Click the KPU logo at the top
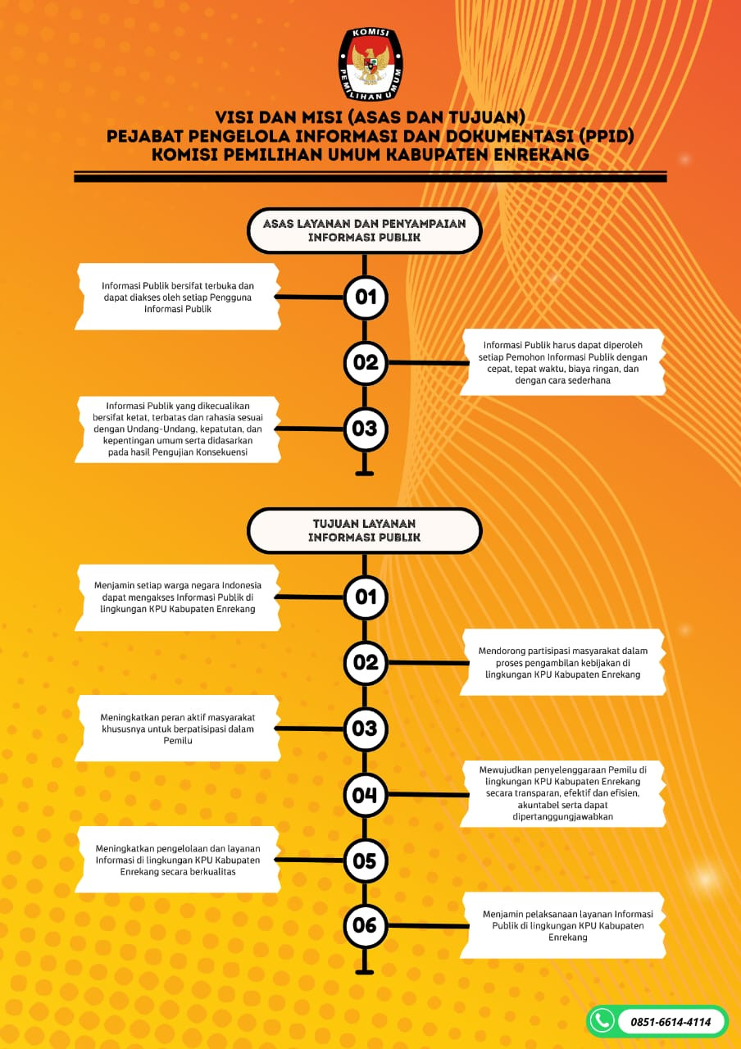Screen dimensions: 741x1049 [370, 64]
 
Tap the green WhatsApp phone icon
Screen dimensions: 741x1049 [602, 1021]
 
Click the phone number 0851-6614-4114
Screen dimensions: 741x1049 [671, 1022]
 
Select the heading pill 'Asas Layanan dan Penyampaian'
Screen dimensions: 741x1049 [365, 230]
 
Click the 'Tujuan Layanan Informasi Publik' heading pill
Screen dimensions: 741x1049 [365, 530]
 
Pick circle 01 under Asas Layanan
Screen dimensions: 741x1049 [366, 297]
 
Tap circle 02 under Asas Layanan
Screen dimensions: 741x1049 [366, 362]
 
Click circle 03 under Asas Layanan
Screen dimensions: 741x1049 [366, 429]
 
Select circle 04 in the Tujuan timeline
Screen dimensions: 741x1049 [366, 795]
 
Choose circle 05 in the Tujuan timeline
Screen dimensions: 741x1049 [366, 861]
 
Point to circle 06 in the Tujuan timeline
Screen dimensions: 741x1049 [366, 925]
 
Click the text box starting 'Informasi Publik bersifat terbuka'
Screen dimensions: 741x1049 [178, 297]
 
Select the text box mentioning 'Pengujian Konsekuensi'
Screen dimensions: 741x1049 [178, 429]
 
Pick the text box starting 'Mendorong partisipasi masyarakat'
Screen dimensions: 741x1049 [562, 662]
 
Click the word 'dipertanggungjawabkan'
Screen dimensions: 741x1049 [562, 816]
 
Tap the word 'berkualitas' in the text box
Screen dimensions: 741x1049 [214, 871]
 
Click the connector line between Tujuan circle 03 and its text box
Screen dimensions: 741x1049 [309, 729]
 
